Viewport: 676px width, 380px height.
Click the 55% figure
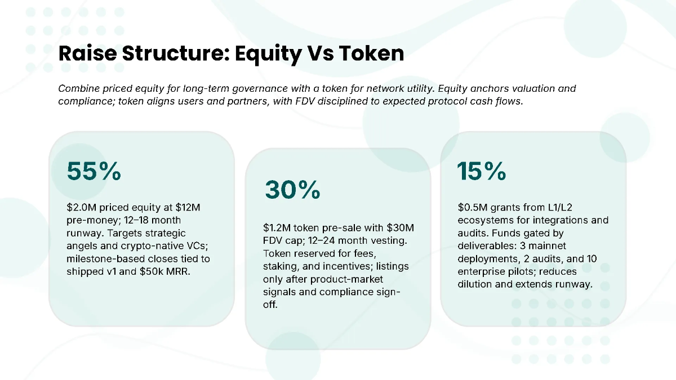click(94, 172)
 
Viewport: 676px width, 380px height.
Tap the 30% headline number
click(292, 190)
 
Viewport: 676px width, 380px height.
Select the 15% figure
click(481, 171)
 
